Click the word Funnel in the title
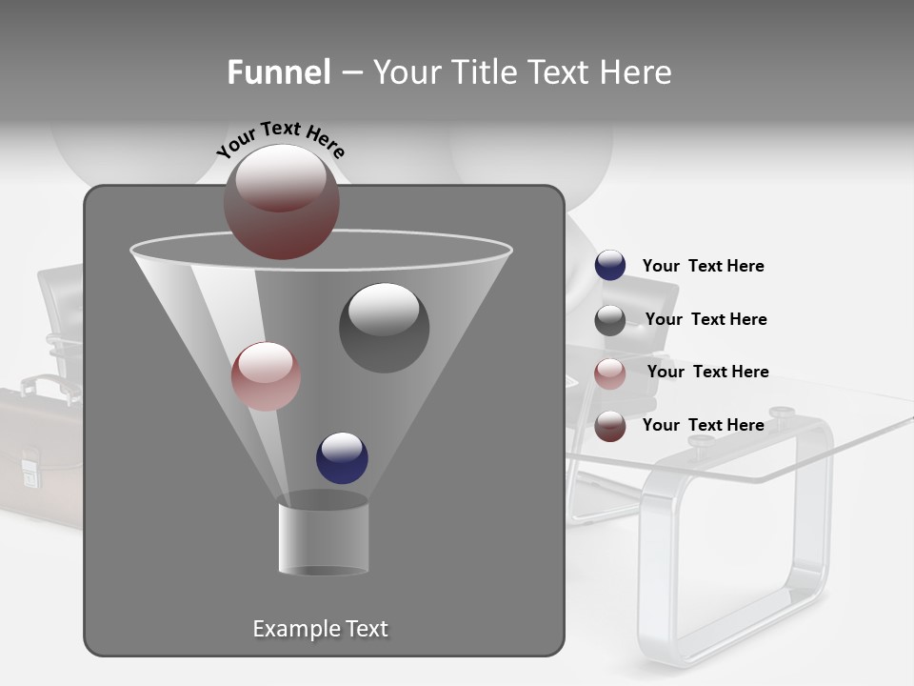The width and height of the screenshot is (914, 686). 278,72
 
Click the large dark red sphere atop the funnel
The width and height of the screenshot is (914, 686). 282,202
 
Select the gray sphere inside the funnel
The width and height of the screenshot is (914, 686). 384,328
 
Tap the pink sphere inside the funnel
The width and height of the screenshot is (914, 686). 267,376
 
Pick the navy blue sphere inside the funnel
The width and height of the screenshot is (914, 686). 343,458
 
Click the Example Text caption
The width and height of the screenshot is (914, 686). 320,629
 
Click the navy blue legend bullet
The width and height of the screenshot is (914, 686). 610,266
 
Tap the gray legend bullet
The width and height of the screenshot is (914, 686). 610,320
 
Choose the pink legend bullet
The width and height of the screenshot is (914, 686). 610,373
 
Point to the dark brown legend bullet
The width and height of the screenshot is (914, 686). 610,426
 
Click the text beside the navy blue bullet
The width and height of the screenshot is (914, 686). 703,266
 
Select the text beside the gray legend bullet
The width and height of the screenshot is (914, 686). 705,319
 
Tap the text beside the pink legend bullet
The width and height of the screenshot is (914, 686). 707,372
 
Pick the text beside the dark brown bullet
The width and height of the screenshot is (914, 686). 703,425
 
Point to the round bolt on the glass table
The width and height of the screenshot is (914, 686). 783,413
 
